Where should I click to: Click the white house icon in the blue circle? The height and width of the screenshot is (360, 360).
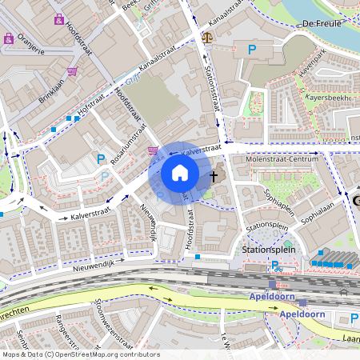(x=180, y=173)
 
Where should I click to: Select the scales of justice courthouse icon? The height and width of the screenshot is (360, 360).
(x=208, y=36)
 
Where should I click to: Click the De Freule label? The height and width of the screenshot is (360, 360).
(x=323, y=24)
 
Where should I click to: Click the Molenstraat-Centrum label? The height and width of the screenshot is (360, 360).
(x=282, y=159)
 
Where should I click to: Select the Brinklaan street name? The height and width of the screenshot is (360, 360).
(x=50, y=82)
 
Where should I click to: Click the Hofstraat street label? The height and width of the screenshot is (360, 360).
(x=90, y=105)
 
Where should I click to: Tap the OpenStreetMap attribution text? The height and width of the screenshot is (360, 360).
(x=81, y=354)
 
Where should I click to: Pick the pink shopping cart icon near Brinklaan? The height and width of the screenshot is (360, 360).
(x=73, y=71)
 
